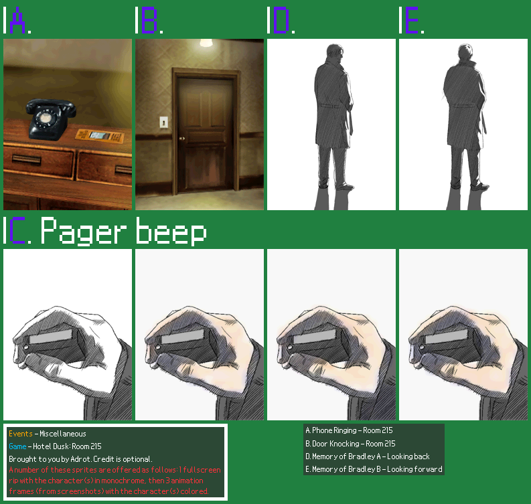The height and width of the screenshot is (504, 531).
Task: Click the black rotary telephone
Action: (x=51, y=119)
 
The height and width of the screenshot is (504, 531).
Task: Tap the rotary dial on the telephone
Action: (x=45, y=117)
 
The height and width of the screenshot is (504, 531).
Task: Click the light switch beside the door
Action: (x=163, y=122)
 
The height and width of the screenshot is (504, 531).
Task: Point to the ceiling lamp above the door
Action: (x=206, y=43)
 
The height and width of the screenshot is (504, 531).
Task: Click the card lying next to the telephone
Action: (x=100, y=136)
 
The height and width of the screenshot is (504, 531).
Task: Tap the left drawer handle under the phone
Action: (x=27, y=159)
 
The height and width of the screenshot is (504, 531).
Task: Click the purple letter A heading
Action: (x=17, y=20)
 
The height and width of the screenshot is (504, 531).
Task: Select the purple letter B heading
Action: (x=149, y=20)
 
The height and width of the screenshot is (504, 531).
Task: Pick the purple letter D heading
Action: (x=281, y=20)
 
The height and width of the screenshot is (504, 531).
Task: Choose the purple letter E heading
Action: (x=412, y=20)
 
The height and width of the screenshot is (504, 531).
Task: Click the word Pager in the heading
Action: (x=83, y=231)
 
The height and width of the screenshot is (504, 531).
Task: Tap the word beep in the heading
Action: (x=171, y=231)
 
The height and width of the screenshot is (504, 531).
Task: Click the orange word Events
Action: (x=21, y=434)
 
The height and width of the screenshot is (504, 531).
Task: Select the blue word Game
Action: (x=17, y=446)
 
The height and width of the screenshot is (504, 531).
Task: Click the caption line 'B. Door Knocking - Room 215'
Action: (x=350, y=443)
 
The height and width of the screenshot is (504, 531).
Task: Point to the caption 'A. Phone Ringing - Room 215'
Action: (x=349, y=430)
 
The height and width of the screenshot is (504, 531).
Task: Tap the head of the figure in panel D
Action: (x=335, y=52)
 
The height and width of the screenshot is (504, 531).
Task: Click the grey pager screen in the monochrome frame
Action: (x=51, y=337)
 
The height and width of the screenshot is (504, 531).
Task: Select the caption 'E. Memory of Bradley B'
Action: (x=343, y=469)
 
